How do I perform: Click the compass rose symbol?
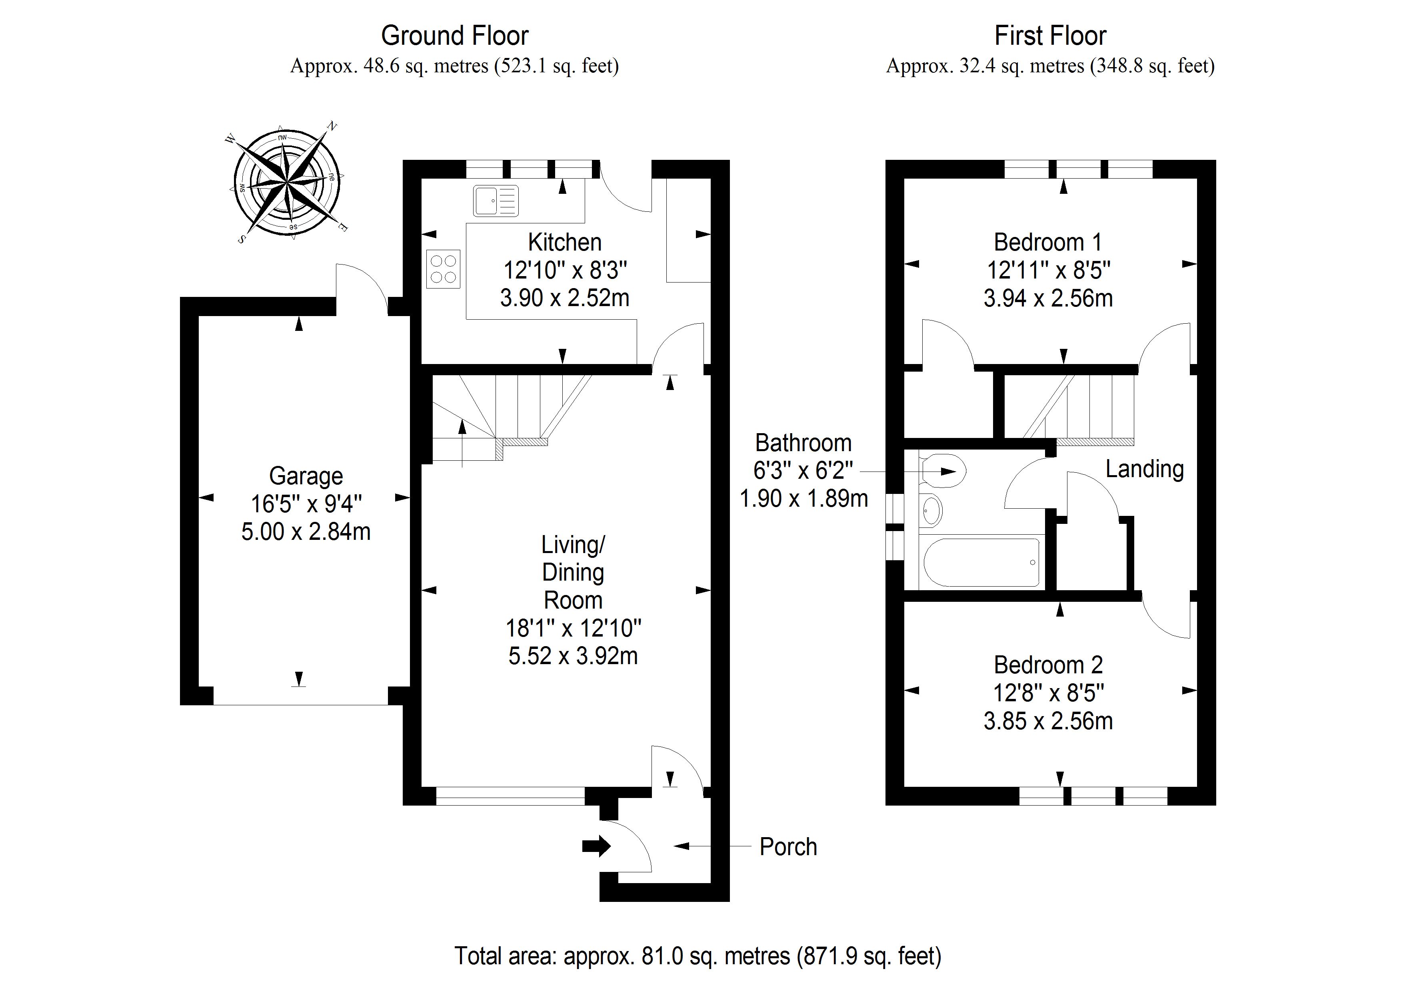(x=287, y=181)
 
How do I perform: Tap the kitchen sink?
(x=496, y=201)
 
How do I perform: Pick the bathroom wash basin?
(x=931, y=510)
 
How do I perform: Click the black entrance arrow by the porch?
(x=596, y=846)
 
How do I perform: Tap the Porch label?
(x=787, y=847)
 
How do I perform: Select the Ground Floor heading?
(x=455, y=36)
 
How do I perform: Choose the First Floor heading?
(x=1050, y=36)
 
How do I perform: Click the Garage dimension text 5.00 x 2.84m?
(x=306, y=532)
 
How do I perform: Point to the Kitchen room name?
(x=565, y=243)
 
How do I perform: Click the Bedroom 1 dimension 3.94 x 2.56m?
(x=1048, y=298)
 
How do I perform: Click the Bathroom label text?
(x=803, y=443)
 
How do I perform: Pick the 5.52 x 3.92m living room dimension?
(x=573, y=656)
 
